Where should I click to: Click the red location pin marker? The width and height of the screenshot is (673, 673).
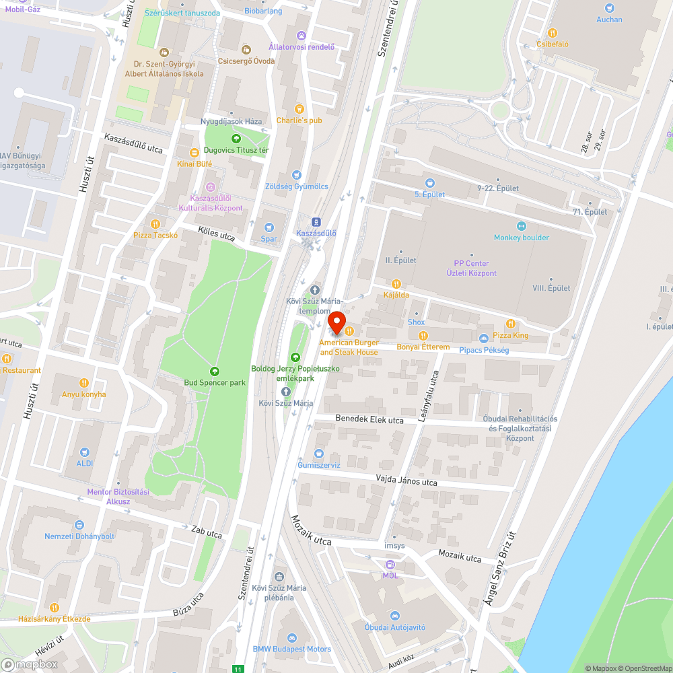coord(336,322)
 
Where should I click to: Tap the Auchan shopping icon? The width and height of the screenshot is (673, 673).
coord(609,8)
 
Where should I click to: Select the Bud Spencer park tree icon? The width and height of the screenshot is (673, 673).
coord(214,371)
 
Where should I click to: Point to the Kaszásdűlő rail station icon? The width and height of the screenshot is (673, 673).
coord(316,221)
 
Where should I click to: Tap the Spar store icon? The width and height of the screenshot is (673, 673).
coord(269,227)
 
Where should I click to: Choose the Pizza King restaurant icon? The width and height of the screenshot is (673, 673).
coord(511,324)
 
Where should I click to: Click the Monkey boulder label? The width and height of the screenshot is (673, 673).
coord(522,238)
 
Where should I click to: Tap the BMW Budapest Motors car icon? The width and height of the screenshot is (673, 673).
coord(291,637)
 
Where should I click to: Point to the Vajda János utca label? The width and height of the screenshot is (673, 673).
coord(406,482)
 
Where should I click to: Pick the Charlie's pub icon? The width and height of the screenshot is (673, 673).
coord(299,109)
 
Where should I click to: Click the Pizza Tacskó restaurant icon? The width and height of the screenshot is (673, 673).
coord(155,223)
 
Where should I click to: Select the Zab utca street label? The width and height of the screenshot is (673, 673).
coord(207,532)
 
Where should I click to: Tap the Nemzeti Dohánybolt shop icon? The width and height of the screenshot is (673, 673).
coord(79,524)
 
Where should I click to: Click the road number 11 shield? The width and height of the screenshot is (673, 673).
coord(238,669)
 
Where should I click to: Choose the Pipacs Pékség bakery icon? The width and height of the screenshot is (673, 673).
coord(483,338)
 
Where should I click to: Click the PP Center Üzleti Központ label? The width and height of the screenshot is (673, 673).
coord(471,268)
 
